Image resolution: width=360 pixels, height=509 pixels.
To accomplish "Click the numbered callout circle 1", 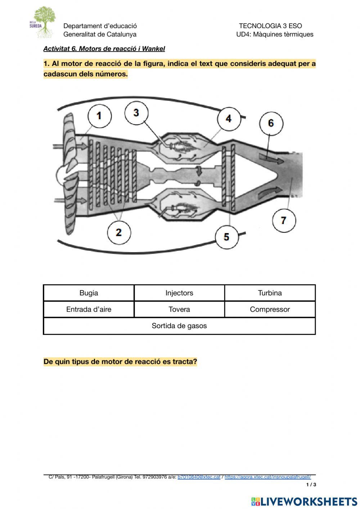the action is point(99,116).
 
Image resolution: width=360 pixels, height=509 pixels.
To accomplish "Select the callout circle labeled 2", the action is point(119,232).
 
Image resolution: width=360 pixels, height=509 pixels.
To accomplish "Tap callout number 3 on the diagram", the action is point(136,113).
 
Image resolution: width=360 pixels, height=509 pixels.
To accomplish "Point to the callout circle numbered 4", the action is point(229,119).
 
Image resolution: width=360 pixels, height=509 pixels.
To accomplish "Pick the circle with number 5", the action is point(226,237).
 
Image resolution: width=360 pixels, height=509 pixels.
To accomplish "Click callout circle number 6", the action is point(271,123).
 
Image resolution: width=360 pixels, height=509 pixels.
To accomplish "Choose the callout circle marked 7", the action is point(283,220).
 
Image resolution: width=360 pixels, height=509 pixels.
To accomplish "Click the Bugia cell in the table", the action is point(89,293).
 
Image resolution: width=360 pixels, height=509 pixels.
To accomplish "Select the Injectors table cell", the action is point(179,293).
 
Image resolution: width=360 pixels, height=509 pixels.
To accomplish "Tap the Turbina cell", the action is point(270,293).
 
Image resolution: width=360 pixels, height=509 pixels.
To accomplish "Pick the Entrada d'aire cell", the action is point(89,309).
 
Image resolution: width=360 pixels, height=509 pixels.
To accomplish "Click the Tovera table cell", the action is point(179,309).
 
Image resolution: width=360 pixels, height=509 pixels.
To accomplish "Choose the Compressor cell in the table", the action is point(270,309).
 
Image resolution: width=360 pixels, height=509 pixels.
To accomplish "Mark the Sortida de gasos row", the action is point(179,326).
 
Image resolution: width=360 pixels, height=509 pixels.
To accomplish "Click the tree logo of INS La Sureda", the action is point(44,22).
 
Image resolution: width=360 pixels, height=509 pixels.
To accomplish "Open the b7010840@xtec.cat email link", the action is point(199,477).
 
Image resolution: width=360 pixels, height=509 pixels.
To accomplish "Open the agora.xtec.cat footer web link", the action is point(267,477).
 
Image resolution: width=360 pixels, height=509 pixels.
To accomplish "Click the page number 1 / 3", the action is point(311,485).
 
